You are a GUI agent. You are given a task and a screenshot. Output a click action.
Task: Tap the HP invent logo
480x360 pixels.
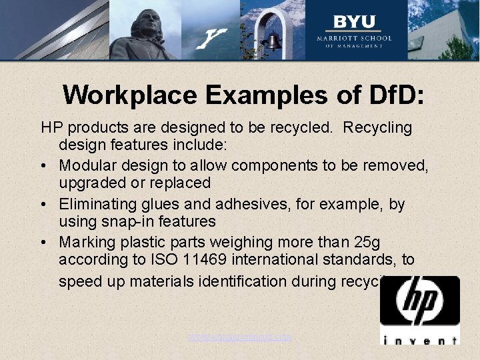(x=419, y=310)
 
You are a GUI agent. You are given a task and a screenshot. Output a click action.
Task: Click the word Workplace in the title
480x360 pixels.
(x=129, y=95)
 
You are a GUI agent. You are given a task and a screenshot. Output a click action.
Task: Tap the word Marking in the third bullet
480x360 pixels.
(x=85, y=241)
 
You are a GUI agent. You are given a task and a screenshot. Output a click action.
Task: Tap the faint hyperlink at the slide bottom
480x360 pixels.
(x=240, y=337)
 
